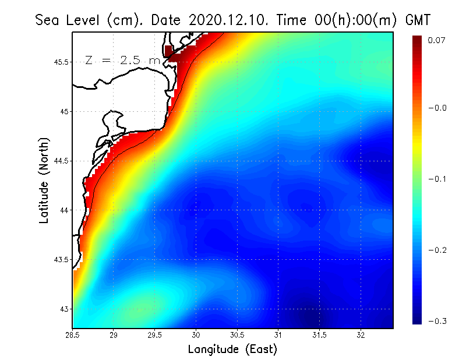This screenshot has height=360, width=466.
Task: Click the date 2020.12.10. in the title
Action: tap(224, 20)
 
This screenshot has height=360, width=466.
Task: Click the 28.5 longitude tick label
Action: tap(73, 335)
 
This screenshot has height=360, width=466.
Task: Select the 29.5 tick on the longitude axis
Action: tap(155, 335)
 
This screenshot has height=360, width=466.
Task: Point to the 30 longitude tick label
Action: tap(196, 335)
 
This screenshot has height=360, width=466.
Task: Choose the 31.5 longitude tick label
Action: tap(319, 335)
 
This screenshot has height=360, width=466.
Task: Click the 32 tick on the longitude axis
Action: tap(361, 335)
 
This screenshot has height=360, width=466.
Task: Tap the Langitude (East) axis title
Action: tap(232, 349)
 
